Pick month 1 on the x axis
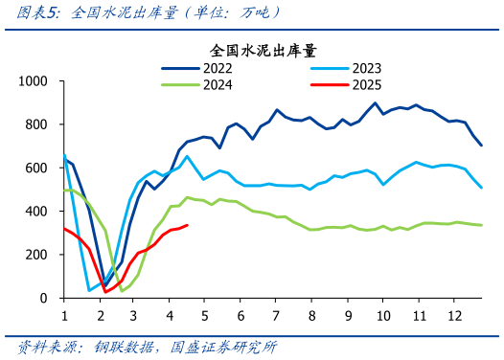pyautogui.click(x=64, y=315)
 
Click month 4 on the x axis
pyautogui.click(x=170, y=315)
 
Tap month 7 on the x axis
pyautogui.click(x=276, y=315)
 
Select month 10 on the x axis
pyautogui.click(x=382, y=315)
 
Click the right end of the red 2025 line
pyautogui.click(x=187, y=225)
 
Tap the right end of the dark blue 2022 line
pyautogui.click(x=481, y=146)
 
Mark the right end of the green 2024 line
pyautogui.click(x=481, y=225)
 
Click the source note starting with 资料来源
pyautogui.click(x=154, y=346)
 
